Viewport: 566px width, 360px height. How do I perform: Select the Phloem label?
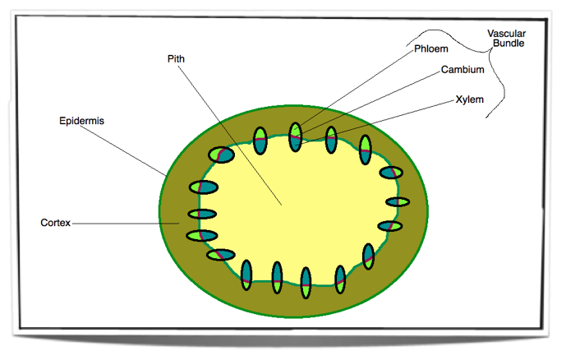point(431,49)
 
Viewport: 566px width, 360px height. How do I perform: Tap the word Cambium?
point(462,71)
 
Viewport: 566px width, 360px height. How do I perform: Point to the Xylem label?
point(469,100)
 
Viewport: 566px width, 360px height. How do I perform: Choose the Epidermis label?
point(81,121)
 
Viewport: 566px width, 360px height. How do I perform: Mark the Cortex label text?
point(56,223)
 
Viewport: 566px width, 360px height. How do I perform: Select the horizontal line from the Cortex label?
point(123,223)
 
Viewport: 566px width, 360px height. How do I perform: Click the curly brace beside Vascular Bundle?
point(491,58)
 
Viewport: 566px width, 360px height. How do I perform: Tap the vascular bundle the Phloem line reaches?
point(296,136)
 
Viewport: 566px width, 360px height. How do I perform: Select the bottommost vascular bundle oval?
point(306,282)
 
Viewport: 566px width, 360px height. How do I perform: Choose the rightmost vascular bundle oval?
point(398,201)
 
